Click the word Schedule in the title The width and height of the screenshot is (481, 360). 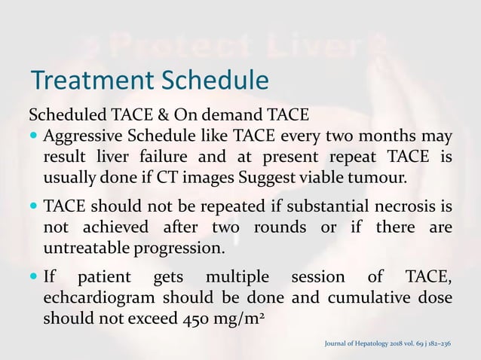point(212,79)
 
